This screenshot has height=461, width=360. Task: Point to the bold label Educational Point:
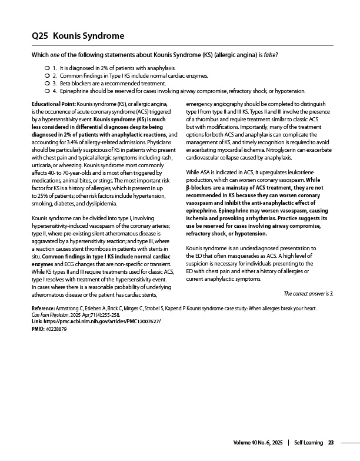click(x=54, y=103)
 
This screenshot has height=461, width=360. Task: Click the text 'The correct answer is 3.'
click(x=308, y=293)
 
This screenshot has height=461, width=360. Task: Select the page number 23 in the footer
click(x=331, y=442)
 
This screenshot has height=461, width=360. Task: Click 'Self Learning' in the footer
click(x=308, y=442)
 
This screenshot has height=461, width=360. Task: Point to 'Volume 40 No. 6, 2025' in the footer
click(x=258, y=442)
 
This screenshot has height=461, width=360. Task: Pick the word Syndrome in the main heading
click(x=101, y=36)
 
